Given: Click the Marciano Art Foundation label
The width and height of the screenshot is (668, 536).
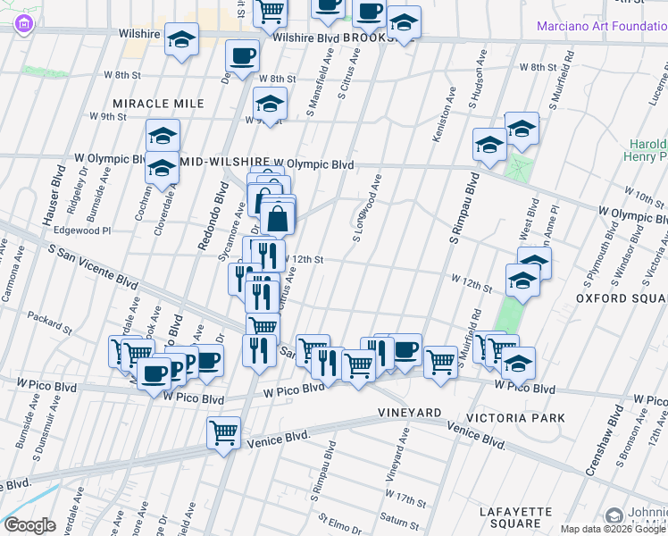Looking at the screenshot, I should point(601,25).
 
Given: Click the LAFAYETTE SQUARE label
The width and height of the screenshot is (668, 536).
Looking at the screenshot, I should point(522,516).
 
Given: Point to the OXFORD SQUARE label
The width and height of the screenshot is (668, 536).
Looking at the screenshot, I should point(621,297).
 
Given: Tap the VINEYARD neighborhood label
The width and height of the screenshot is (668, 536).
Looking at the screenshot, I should point(410,412).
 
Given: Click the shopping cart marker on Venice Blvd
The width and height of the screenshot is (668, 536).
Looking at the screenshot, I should point(223,433).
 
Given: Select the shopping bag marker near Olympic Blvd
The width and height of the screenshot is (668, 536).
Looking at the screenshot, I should point(278,216).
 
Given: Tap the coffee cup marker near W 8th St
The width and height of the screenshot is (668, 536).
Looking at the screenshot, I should point(242,55).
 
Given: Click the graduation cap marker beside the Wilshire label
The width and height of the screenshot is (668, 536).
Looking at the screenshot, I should point(182,39).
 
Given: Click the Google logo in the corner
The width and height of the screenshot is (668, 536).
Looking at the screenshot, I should point(29,525).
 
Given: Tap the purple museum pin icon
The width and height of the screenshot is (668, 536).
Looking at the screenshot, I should point(21,24).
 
